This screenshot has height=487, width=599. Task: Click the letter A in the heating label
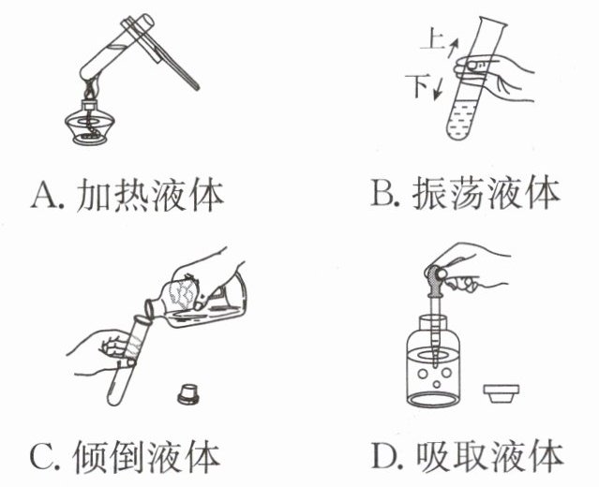46,196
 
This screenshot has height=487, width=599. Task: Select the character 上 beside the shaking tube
433,38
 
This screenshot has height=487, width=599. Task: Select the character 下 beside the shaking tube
416,86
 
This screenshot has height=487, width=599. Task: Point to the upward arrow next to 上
453,48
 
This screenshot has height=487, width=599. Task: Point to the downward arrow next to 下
439,89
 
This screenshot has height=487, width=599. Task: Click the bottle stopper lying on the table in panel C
188,394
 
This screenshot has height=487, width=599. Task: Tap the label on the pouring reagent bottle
185,294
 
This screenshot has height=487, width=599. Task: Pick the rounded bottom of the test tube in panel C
114,399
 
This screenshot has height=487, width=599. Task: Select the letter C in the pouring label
44,457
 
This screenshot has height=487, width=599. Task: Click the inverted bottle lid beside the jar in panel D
502,393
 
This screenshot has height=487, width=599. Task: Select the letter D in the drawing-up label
386,456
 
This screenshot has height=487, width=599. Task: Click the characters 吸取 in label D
452,456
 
